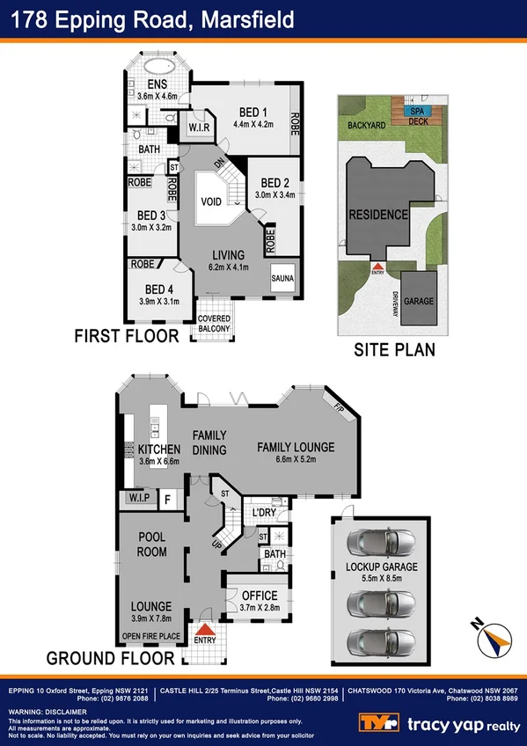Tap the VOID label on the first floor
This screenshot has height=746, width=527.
[x=211, y=201]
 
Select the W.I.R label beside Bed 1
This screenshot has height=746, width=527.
[x=199, y=128]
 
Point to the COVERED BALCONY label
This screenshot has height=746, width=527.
[x=214, y=323]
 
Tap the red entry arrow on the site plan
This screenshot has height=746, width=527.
[x=377, y=265]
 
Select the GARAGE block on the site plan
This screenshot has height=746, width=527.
[x=418, y=301]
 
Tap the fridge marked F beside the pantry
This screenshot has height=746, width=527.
[x=168, y=500]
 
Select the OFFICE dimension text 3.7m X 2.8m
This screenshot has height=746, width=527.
[x=259, y=607]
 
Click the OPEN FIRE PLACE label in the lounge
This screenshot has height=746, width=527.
[x=150, y=636]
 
